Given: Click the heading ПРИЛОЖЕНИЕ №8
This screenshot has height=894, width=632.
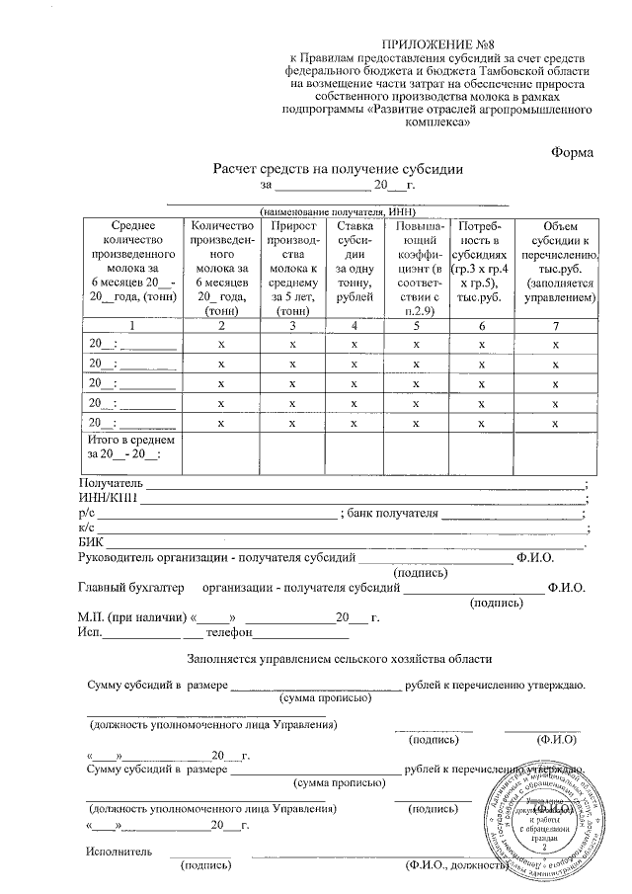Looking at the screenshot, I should pos(437,46).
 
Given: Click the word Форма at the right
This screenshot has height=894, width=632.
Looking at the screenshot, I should pos(572,153).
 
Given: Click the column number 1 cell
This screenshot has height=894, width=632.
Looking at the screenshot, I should pos(131,325).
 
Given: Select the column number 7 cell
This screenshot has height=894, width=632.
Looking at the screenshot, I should pos(558,325).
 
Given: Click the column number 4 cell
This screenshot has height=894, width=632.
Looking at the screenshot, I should pos(355,325).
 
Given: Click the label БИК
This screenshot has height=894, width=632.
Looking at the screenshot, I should pos(90,542).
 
